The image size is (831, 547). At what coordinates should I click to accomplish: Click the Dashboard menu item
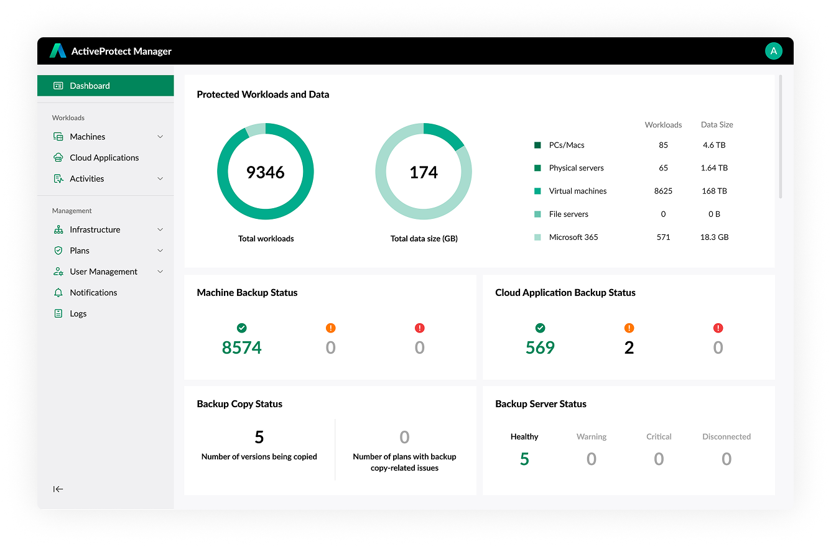[x=90, y=86]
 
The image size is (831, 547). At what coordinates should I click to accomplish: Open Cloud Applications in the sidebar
[x=104, y=158]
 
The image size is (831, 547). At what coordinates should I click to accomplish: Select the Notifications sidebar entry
[x=93, y=293]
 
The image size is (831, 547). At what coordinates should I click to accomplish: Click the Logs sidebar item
[x=78, y=314]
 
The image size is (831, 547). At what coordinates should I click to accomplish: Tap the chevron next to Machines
[x=160, y=137]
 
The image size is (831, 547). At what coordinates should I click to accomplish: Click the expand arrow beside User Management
[x=160, y=272]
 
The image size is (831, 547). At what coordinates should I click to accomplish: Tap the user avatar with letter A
[x=773, y=51]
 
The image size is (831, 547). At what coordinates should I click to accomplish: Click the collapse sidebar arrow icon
[x=58, y=489]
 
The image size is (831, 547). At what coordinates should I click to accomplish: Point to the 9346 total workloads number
[x=266, y=172]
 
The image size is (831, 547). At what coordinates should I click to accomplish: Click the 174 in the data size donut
[x=424, y=172]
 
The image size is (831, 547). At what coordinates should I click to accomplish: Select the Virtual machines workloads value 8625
[x=663, y=191]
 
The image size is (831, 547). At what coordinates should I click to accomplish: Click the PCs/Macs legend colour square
[x=537, y=145]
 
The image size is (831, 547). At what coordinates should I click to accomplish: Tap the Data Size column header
[x=717, y=125]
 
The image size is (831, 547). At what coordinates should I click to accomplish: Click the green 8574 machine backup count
[x=242, y=347]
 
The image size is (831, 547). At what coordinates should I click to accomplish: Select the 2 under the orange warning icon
[x=629, y=347]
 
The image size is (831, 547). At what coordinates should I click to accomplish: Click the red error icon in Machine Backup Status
[x=419, y=328]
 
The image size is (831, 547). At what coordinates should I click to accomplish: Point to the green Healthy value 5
[x=524, y=459]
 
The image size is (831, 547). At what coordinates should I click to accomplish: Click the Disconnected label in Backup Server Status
[x=727, y=437]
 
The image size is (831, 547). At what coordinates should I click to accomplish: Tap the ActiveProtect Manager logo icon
[x=58, y=51]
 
